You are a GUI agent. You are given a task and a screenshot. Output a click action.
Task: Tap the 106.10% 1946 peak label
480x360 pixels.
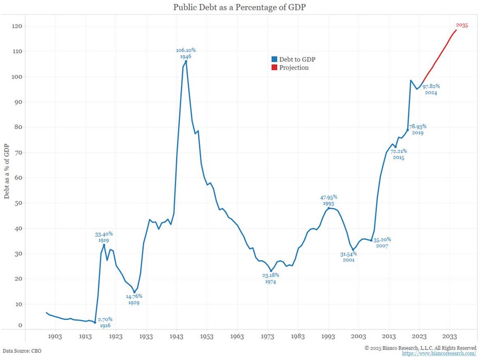tap(186, 53)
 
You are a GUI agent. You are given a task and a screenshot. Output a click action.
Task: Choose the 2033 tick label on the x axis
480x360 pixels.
tap(450, 337)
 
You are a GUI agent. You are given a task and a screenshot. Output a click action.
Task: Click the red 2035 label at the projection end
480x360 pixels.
tap(462, 26)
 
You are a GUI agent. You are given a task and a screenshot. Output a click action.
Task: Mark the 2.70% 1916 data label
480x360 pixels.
tap(105, 322)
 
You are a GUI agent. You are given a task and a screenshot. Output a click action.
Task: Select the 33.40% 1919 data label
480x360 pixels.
tap(104, 237)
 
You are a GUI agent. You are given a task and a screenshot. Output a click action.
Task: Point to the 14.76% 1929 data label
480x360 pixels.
tap(134, 299)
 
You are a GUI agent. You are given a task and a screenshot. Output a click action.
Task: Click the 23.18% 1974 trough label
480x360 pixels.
tap(270, 279)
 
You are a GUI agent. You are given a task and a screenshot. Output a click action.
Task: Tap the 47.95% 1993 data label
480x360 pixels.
tap(329, 200)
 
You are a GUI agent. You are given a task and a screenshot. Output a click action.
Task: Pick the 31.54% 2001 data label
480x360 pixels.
tap(348, 257)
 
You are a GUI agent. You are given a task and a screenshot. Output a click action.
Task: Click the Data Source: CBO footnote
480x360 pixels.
tap(22, 351)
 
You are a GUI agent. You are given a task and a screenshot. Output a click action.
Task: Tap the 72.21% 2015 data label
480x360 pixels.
tap(399, 154)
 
